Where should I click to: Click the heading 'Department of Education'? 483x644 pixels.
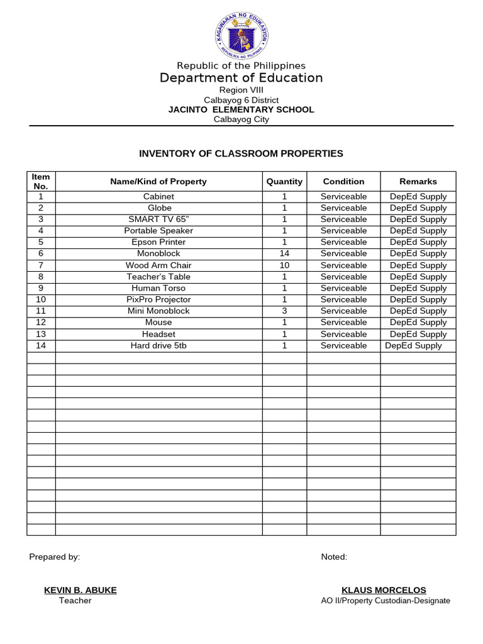[x=241, y=78]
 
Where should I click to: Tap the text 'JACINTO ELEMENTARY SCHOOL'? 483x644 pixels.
[x=241, y=109]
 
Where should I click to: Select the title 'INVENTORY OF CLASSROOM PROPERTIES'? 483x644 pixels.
[x=241, y=153]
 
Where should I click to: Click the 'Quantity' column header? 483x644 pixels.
[x=284, y=181]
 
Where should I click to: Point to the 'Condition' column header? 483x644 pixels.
[x=343, y=181]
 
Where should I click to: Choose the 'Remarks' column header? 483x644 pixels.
[x=418, y=181]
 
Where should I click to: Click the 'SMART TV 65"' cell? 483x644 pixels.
[x=159, y=219]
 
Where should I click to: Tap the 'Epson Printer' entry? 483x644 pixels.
[x=158, y=242]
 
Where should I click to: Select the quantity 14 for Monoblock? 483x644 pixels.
[x=284, y=253]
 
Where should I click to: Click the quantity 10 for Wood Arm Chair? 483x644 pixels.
[x=284, y=265]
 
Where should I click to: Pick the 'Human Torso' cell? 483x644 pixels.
[x=158, y=288]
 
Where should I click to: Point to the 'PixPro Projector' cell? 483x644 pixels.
[x=158, y=299]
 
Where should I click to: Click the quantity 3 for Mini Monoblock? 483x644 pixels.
[x=284, y=311]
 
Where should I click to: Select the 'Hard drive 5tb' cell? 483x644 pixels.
[x=158, y=345]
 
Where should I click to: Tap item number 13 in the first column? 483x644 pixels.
[x=41, y=334]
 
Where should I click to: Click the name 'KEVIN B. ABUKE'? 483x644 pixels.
[x=80, y=590]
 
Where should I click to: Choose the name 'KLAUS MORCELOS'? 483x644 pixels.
[x=384, y=590]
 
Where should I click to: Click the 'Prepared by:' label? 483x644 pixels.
[x=55, y=557]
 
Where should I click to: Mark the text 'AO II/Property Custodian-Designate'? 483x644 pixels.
[x=386, y=601]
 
